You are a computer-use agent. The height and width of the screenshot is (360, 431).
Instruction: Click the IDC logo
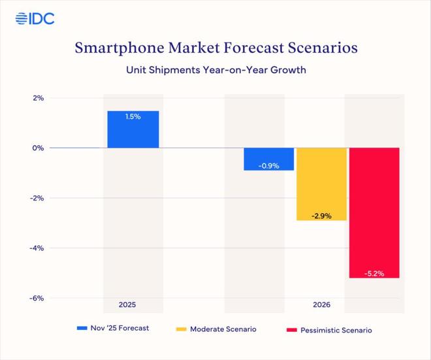coord(35,18)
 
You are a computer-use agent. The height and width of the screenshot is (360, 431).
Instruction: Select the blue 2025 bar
coord(133,129)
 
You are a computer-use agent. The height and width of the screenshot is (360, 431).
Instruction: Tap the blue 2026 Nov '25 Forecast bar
coord(268,159)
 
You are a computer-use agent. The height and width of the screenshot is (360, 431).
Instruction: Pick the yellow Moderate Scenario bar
coord(321,183)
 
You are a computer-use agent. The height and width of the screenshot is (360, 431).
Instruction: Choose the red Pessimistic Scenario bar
coord(374,212)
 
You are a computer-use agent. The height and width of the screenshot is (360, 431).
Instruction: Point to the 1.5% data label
coord(133,116)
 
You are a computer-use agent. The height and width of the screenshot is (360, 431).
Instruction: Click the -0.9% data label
coord(268,166)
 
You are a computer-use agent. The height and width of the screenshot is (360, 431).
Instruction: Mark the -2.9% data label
coord(321,216)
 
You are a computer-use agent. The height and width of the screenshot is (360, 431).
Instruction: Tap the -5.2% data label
coord(374,273)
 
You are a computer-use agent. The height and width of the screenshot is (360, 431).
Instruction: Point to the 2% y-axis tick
coord(36,98)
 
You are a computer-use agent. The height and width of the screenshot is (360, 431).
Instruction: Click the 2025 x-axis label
coord(128,305)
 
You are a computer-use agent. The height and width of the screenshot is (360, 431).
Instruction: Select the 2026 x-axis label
coord(321,305)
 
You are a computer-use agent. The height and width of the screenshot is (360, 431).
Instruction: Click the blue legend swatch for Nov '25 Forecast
coord(82,329)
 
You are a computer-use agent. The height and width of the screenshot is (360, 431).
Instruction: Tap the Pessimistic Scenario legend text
coord(336,330)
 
